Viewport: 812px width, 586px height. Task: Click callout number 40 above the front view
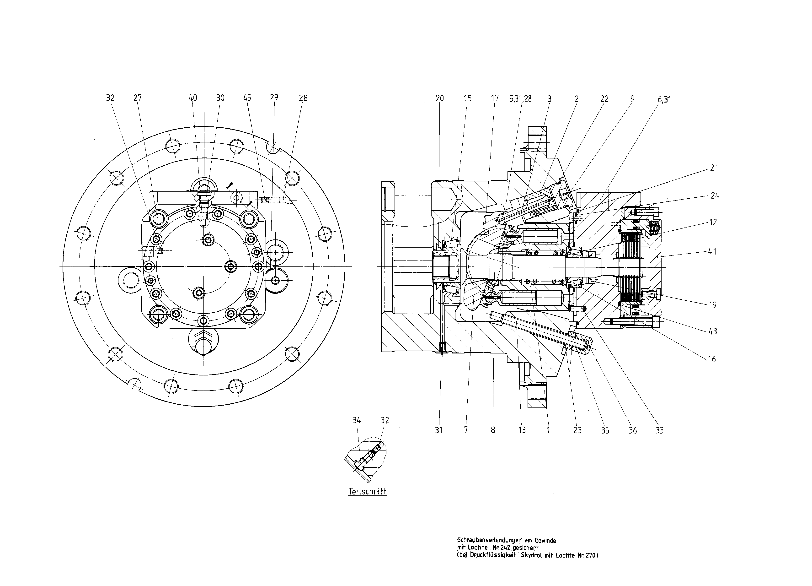193,98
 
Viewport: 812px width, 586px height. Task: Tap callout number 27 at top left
138,98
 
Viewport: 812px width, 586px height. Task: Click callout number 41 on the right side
712,251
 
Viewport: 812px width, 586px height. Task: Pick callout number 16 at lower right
712,359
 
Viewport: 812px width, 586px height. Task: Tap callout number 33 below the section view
659,430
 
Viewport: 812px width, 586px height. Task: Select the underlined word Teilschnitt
367,491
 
